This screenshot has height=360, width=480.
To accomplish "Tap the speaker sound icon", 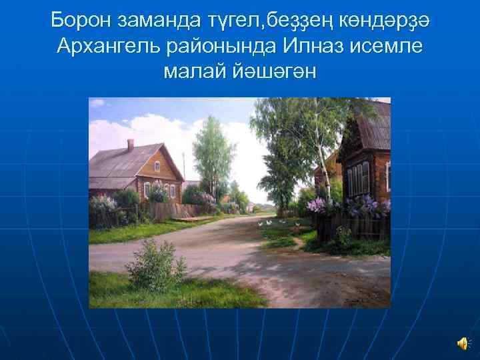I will [x=462, y=342].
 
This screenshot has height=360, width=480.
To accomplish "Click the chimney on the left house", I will [x=131, y=144].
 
